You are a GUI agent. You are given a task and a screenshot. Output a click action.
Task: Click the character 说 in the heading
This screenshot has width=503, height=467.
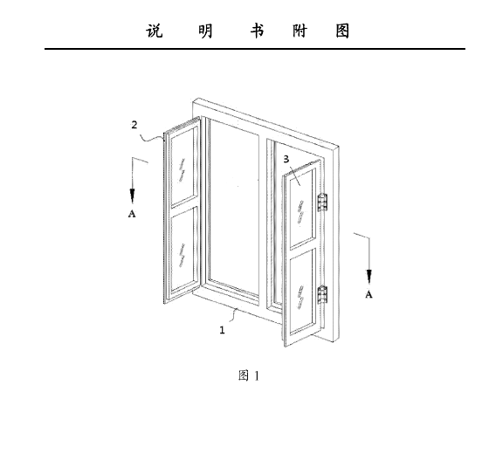[x=155, y=31]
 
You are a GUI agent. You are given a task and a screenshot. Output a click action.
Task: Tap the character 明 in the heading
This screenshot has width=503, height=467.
[x=205, y=31]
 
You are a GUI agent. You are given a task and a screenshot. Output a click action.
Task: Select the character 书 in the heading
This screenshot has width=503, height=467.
[x=257, y=31]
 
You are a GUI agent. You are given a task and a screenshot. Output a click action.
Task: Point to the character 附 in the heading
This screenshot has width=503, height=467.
[x=300, y=31]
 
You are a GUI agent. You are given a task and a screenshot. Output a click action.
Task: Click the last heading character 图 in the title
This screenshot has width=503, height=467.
[x=342, y=31]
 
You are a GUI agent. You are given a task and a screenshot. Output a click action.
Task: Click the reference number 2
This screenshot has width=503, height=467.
[x=134, y=125]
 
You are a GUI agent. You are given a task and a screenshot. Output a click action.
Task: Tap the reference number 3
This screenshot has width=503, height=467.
[x=286, y=159]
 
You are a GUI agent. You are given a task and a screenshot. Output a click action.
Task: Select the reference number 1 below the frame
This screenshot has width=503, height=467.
[x=222, y=330]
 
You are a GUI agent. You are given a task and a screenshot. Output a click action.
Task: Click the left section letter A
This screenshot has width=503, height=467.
[x=132, y=214]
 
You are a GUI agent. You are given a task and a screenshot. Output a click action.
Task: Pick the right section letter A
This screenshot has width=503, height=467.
[x=369, y=294]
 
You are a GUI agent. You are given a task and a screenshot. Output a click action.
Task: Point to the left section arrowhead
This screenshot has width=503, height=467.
[x=132, y=196]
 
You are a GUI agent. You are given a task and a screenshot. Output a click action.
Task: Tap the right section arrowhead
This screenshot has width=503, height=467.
[x=369, y=277]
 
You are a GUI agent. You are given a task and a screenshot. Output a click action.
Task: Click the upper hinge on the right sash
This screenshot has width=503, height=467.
[x=322, y=203]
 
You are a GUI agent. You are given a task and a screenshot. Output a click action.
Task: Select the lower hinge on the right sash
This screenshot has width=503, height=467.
[x=322, y=295]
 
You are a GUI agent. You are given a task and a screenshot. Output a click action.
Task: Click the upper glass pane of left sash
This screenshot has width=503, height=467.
[x=183, y=166]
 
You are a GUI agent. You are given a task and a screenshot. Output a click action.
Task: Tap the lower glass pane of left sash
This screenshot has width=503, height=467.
[x=183, y=251]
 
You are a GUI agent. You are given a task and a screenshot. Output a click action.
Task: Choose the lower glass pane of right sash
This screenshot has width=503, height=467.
[x=301, y=292]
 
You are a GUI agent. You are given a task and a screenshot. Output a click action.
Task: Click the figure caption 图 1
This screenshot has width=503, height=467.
[x=249, y=375]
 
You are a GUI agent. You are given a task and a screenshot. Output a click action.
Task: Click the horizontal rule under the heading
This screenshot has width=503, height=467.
[x=255, y=49]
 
